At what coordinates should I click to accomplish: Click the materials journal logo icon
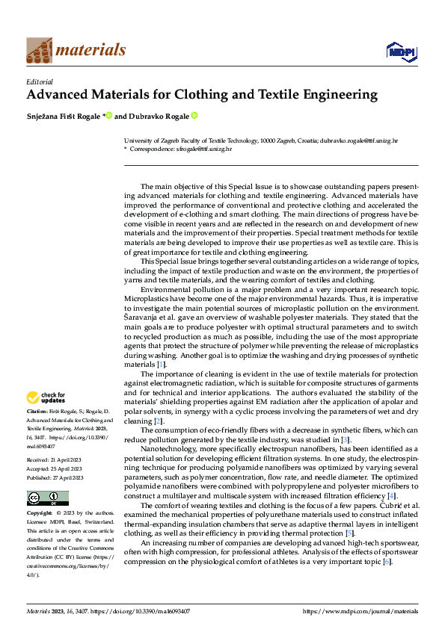[x=40, y=50]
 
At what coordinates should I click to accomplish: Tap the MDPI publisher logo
[x=401, y=52]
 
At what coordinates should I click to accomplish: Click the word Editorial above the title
[x=39, y=81]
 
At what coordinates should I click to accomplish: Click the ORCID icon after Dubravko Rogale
[x=194, y=116]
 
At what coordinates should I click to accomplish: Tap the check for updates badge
[x=46, y=397]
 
